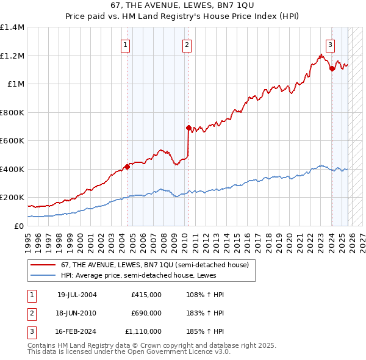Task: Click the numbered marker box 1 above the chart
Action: [x=125, y=44]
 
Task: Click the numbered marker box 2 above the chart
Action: [x=186, y=44]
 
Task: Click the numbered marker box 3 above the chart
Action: [x=330, y=44]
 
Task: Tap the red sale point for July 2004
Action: [x=127, y=167]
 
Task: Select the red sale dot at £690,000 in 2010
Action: [x=188, y=128]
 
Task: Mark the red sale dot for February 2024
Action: [x=332, y=69]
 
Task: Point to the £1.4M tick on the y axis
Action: [x=12, y=27]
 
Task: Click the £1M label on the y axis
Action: [x=16, y=84]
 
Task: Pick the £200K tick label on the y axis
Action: [x=12, y=198]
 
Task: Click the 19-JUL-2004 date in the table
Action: [x=77, y=295]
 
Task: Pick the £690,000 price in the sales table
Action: [x=146, y=313]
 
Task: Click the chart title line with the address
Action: [x=183, y=5]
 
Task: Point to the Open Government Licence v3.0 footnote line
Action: [x=129, y=352]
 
